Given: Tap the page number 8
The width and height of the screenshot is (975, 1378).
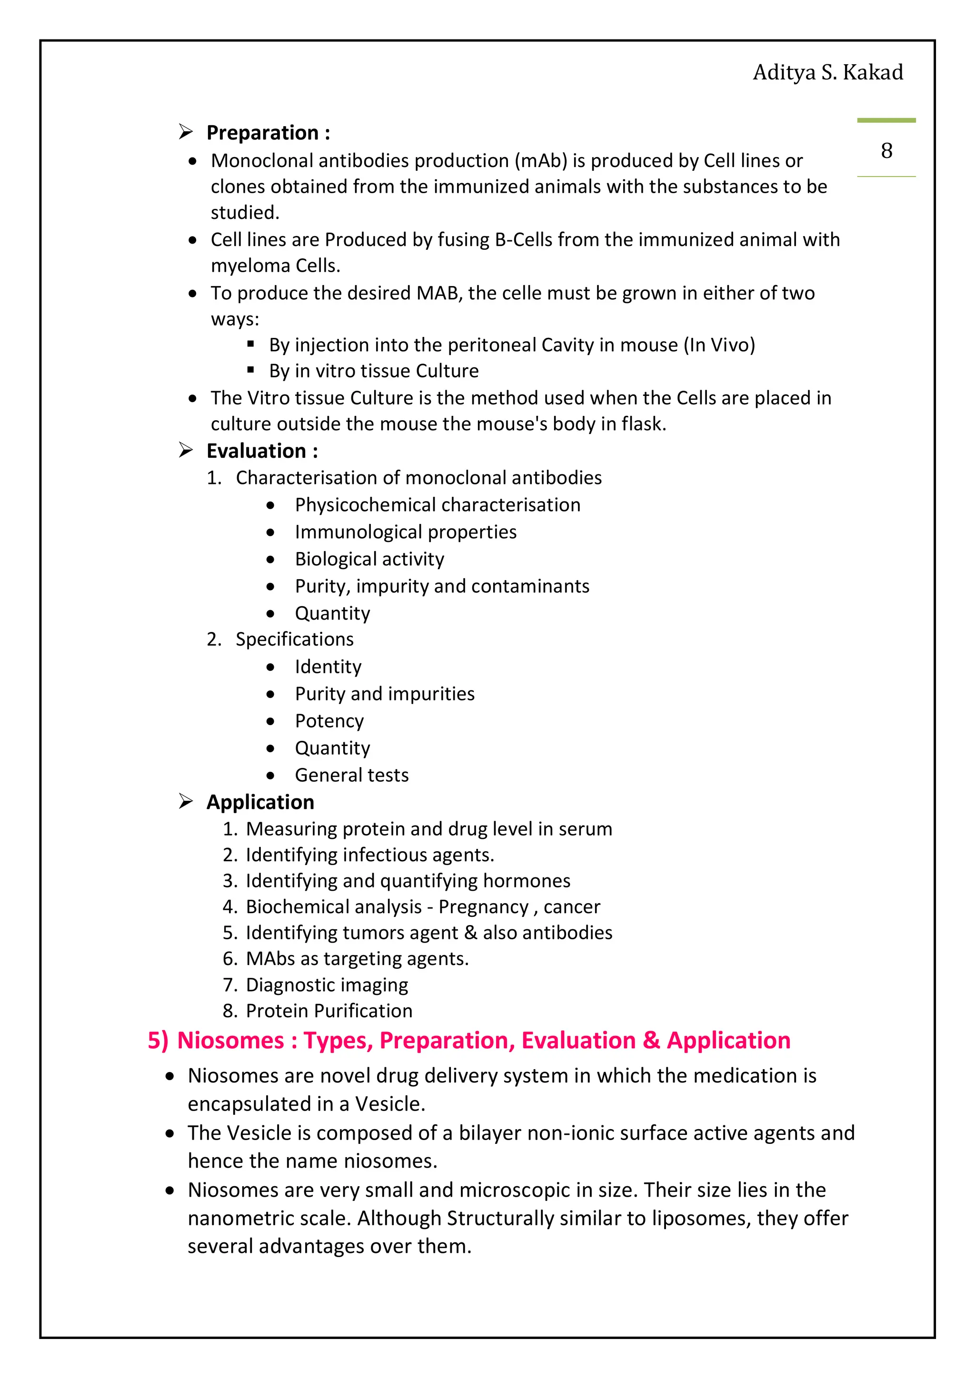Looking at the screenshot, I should pyautogui.click(x=886, y=151).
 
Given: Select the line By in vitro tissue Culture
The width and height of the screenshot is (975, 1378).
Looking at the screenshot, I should pyautogui.click(x=373, y=371).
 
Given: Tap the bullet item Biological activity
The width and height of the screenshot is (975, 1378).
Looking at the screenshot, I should pyautogui.click(x=369, y=559).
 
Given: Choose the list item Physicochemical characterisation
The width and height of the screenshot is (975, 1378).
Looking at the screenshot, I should pyautogui.click(x=437, y=505).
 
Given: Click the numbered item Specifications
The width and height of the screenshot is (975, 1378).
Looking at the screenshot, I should pyautogui.click(x=294, y=639).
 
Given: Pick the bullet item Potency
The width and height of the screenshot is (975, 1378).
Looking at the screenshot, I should pyautogui.click(x=329, y=721).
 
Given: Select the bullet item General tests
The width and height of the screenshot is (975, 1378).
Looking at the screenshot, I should pyautogui.click(x=351, y=775).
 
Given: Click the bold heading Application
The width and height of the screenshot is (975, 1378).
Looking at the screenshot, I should pyautogui.click(x=260, y=802).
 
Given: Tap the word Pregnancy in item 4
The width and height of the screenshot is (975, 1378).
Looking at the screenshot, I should pyautogui.click(x=483, y=907).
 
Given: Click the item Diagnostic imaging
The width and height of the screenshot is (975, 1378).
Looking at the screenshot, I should pyautogui.click(x=327, y=985).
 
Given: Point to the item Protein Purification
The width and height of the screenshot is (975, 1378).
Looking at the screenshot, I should pyautogui.click(x=329, y=1011).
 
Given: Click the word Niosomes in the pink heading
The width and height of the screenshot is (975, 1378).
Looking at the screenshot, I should pyautogui.click(x=230, y=1040).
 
